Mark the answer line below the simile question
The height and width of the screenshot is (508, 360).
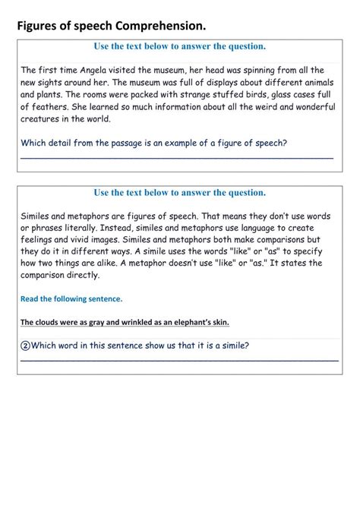(179, 361)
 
